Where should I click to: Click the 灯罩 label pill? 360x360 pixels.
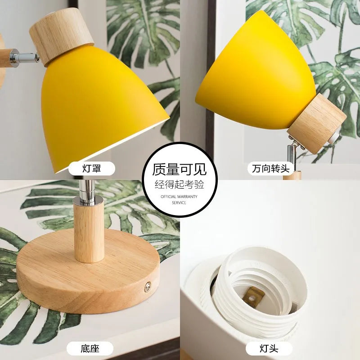tap(91, 169)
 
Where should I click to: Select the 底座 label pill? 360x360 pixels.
tap(90, 348)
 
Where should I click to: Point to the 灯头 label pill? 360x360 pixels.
tap(270, 348)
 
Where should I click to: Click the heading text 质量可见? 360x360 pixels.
tap(180, 169)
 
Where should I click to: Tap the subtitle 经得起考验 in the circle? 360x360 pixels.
tap(180, 184)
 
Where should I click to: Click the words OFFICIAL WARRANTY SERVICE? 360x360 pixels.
tap(179, 200)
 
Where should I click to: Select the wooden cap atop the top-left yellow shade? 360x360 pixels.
tap(61, 40)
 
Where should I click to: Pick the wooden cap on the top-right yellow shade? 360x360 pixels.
tap(317, 122)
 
